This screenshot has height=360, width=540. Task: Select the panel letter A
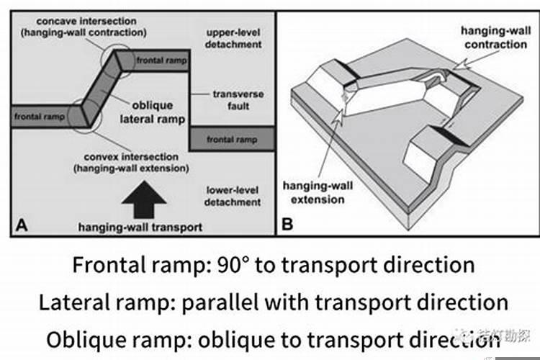click(21, 224)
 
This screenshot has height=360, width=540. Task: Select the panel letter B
click(287, 224)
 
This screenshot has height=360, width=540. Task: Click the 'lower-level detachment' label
click(233, 197)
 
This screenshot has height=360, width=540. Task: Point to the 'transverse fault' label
click(238, 100)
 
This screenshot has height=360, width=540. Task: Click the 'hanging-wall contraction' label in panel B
click(495, 38)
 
